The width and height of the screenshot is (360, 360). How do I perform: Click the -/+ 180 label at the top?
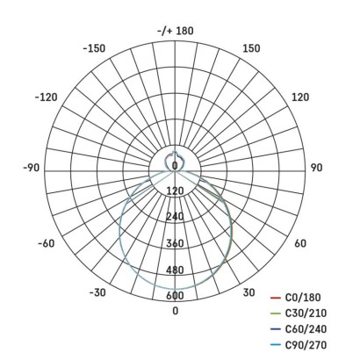[175, 31]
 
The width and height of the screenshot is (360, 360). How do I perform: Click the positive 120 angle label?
[299, 97]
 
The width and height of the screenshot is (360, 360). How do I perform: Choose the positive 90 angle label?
[315, 165]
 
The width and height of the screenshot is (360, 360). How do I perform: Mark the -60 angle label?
[45, 243]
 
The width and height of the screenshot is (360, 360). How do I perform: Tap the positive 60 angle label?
[299, 243]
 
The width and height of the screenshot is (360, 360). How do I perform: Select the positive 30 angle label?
[248, 292]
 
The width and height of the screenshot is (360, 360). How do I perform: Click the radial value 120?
[175, 191]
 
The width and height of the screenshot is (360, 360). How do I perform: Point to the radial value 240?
[175, 217]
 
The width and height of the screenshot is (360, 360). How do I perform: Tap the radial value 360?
[175, 243]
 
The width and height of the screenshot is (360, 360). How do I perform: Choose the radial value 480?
[175, 270]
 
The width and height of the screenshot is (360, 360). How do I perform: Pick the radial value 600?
[175, 296]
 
